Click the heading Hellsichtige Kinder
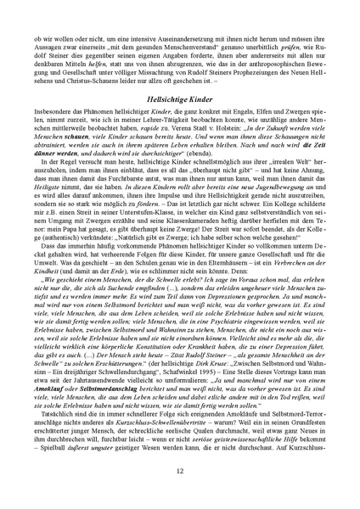[x=180, y=123]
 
